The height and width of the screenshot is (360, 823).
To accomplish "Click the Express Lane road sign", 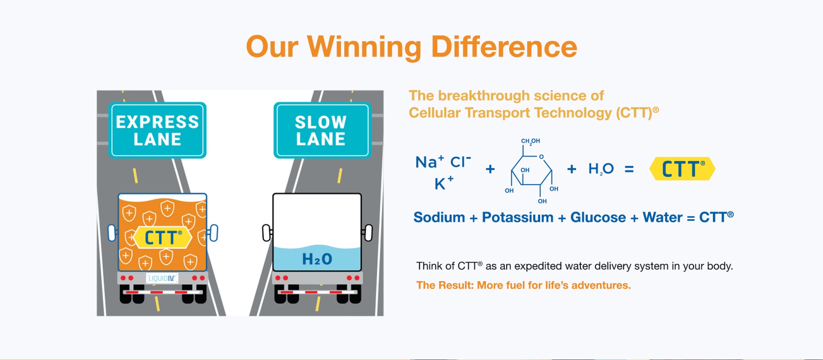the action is pos(157,130).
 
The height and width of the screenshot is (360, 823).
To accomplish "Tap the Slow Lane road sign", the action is pos(322,130).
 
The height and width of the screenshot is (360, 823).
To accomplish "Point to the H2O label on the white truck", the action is pos(317,259).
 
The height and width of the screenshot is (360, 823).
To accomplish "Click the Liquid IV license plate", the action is pos(162,278).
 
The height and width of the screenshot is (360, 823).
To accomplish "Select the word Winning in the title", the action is pos(364,47).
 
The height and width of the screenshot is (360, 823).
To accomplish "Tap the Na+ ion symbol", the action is pos(430,162).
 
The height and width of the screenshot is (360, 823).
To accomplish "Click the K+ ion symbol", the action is pos(444,183).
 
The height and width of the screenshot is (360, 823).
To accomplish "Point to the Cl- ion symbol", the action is pos(460,162).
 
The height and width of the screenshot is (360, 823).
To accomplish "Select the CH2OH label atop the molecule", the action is pos(530,141).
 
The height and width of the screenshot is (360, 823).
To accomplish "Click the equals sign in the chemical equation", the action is pos(629,169).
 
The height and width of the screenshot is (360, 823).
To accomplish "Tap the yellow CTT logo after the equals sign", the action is pos(682,168).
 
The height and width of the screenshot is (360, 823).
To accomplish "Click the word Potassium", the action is pos(517,217).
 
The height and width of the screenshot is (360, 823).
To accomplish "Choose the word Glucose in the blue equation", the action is pos(598,217).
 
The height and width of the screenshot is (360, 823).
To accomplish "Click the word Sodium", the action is pos(439,217).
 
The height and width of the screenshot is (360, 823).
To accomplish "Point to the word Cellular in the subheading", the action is pos(435,113).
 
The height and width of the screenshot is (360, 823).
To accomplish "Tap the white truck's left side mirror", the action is pos(267,233).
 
